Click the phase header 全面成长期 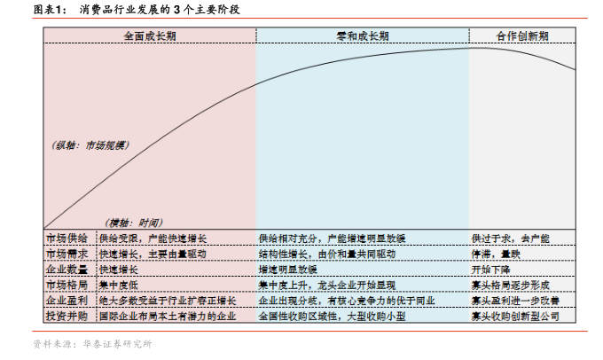coord(150,35)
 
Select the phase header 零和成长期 coord(363,35)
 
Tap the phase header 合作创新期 coord(522,35)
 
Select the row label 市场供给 coord(67,239)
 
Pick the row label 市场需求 coord(67,254)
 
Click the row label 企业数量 coord(67,269)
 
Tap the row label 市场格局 coord(67,285)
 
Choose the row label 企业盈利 coord(67,301)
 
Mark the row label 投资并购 coord(67,316)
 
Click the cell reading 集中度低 coord(118,285)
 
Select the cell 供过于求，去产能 coord(511,239)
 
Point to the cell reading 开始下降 coord(492,269)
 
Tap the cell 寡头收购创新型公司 coord(515,316)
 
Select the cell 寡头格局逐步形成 coord(511,285)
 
